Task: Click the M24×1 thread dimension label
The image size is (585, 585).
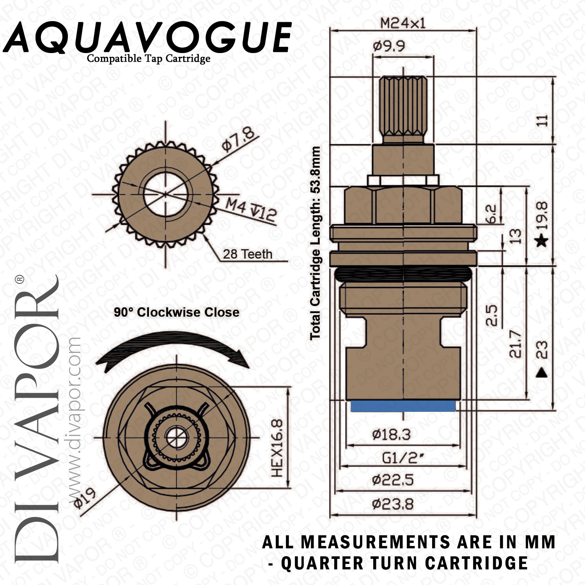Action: pyautogui.click(x=403, y=23)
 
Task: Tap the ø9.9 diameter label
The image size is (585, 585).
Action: pyautogui.click(x=389, y=46)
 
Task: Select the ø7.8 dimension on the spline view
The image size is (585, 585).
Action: pyautogui.click(x=238, y=139)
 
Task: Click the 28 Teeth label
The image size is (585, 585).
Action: pyautogui.click(x=248, y=254)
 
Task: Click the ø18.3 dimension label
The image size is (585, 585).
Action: pyautogui.click(x=392, y=434)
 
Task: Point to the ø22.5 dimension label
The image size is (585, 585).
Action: pyautogui.click(x=393, y=480)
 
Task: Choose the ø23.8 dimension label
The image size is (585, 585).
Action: pyautogui.click(x=393, y=504)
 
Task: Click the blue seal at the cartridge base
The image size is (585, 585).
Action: pyautogui.click(x=403, y=406)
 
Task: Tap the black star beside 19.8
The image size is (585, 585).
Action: pyautogui.click(x=542, y=241)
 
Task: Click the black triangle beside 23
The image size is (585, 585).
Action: pyautogui.click(x=542, y=372)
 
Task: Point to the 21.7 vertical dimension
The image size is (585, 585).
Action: pyautogui.click(x=515, y=344)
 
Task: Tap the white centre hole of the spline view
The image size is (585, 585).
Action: pyautogui.click(x=167, y=194)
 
